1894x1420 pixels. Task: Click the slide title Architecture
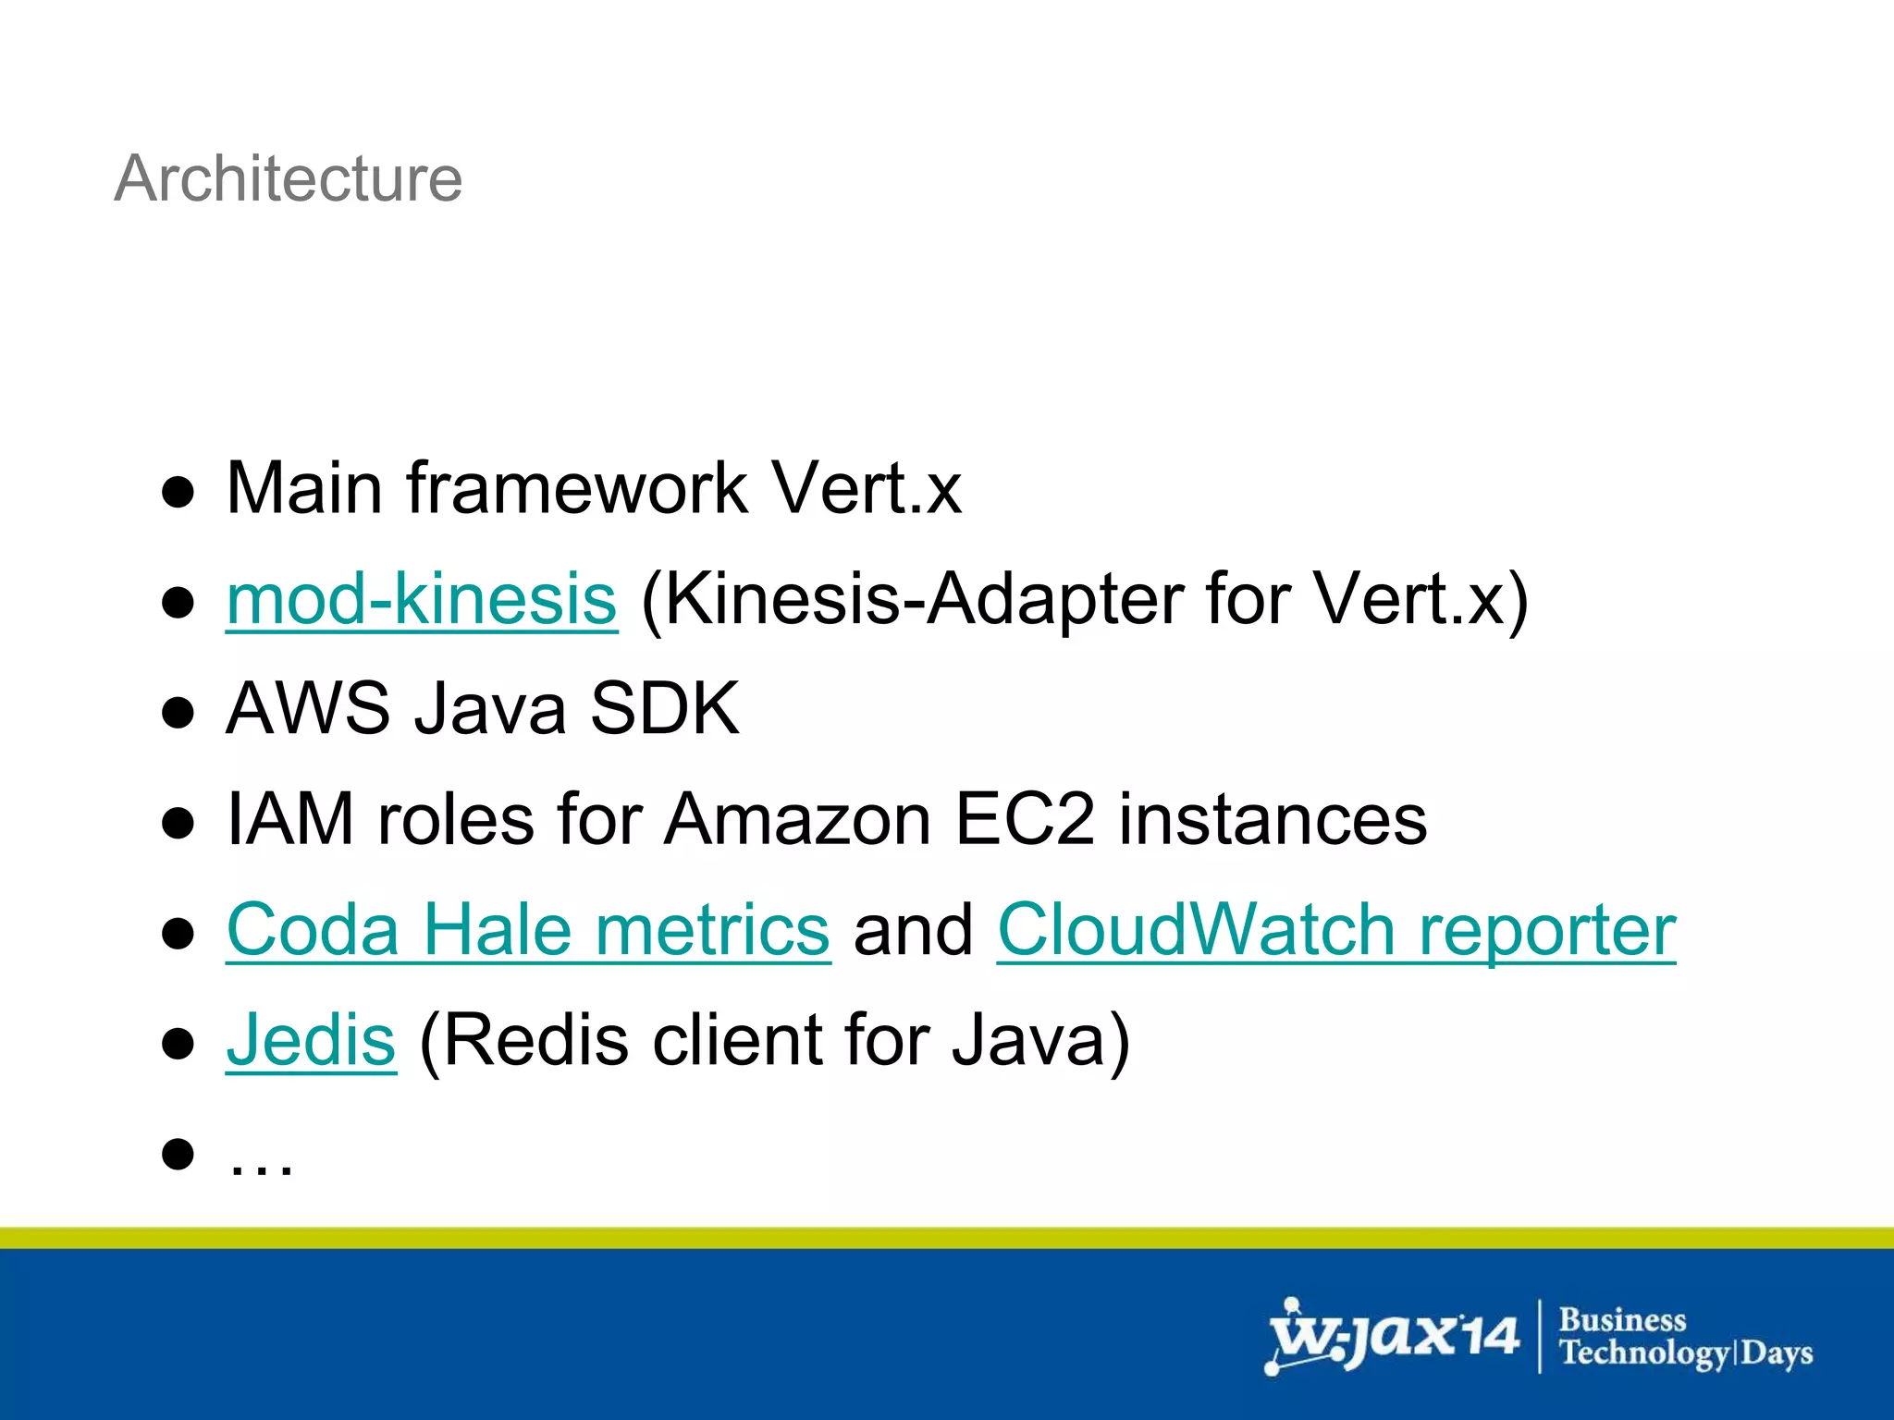(x=288, y=178)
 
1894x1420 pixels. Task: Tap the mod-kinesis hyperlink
(x=421, y=599)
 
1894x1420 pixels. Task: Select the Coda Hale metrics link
(x=528, y=930)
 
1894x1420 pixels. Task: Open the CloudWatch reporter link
(x=1335, y=930)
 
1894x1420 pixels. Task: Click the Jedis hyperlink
(x=311, y=1040)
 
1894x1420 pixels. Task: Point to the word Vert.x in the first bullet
(x=867, y=488)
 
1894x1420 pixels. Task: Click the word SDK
(x=664, y=709)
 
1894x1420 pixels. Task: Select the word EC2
(x=1025, y=819)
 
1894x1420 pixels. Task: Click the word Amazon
(x=797, y=819)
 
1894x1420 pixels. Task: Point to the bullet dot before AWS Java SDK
(x=178, y=713)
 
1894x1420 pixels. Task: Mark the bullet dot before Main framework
(x=178, y=492)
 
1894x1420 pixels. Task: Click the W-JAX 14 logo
(x=1392, y=1336)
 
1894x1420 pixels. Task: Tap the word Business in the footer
(x=1622, y=1319)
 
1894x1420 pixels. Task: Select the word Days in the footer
(x=1777, y=1353)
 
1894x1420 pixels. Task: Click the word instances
(x=1273, y=819)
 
